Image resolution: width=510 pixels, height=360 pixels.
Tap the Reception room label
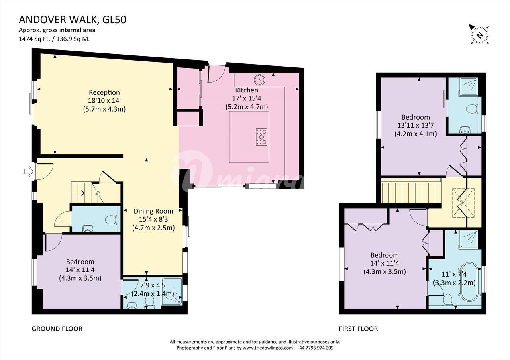[x=104, y=92]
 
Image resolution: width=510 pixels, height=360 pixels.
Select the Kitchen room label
[x=247, y=90]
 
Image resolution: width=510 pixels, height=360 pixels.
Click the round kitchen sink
[x=259, y=79]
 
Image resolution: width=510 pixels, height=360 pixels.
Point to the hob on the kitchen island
[x=261, y=137]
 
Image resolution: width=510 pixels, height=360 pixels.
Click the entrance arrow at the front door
[x=29, y=171]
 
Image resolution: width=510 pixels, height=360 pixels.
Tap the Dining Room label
[x=153, y=211]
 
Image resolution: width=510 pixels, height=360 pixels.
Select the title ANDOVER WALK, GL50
[x=73, y=20]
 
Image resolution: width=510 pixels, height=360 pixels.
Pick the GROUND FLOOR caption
[x=57, y=329]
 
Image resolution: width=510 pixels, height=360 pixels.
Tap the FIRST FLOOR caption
[x=358, y=329]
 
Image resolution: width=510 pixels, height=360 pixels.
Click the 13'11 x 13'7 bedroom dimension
[x=416, y=125]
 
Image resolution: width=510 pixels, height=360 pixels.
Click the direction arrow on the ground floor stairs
[x=77, y=193]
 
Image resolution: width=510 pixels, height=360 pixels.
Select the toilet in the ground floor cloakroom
[x=111, y=220]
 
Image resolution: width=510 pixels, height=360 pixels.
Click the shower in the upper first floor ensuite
[x=469, y=87]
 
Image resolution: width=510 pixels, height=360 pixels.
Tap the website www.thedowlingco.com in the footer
[x=267, y=348]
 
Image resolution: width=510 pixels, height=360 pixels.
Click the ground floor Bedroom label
[x=80, y=262]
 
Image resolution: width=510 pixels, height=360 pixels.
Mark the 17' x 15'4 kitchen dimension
[x=247, y=98]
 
